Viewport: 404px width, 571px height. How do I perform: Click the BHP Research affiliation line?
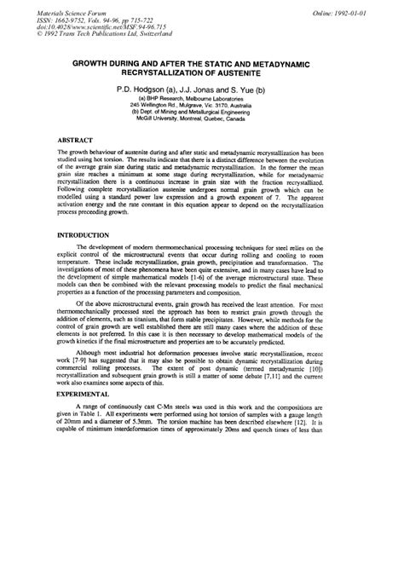[x=202, y=97]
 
